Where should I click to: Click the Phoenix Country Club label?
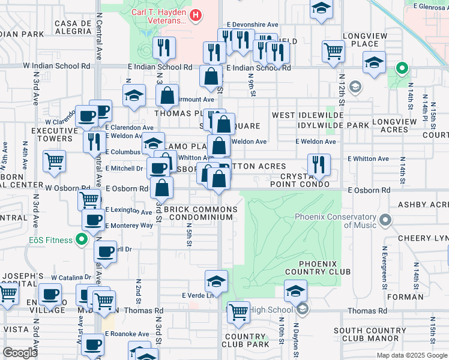325,268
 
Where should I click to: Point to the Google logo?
20,353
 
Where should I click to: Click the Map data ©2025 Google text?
411,355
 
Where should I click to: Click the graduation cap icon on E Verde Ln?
217,280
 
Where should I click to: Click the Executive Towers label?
52,134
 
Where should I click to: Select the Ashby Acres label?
421,205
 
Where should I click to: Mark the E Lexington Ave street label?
128,211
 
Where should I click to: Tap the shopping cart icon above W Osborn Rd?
55,161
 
